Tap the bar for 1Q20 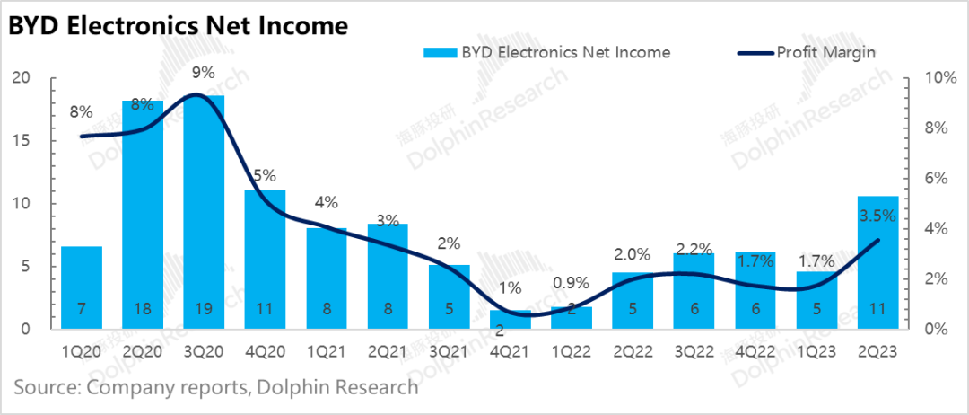tap(82, 287)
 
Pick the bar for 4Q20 tap(265, 260)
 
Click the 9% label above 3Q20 tap(204, 72)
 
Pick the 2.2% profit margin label tap(694, 248)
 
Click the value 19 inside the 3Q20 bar tap(204, 309)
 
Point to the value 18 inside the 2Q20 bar tap(143, 309)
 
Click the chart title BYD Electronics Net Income tap(178, 26)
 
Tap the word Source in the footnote tap(45, 388)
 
